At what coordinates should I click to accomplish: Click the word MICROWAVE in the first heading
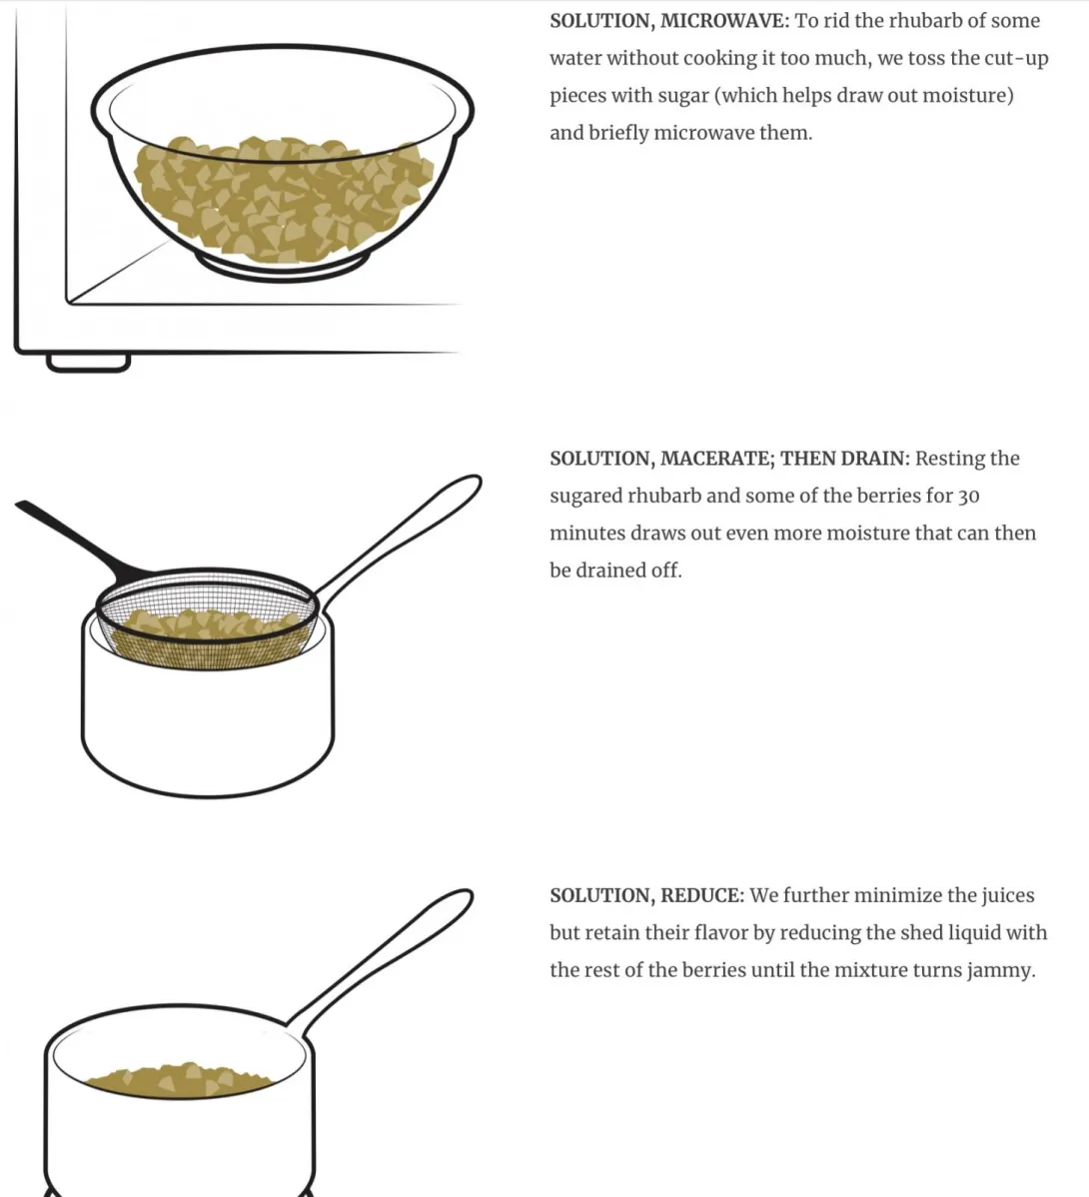(724, 21)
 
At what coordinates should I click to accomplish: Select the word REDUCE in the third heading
(702, 894)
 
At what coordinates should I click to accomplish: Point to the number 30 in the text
(968, 497)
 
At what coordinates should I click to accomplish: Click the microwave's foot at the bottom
(88, 363)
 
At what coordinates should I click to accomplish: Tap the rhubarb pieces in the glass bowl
(283, 200)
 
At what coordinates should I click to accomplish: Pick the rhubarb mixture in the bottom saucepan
(180, 1080)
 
